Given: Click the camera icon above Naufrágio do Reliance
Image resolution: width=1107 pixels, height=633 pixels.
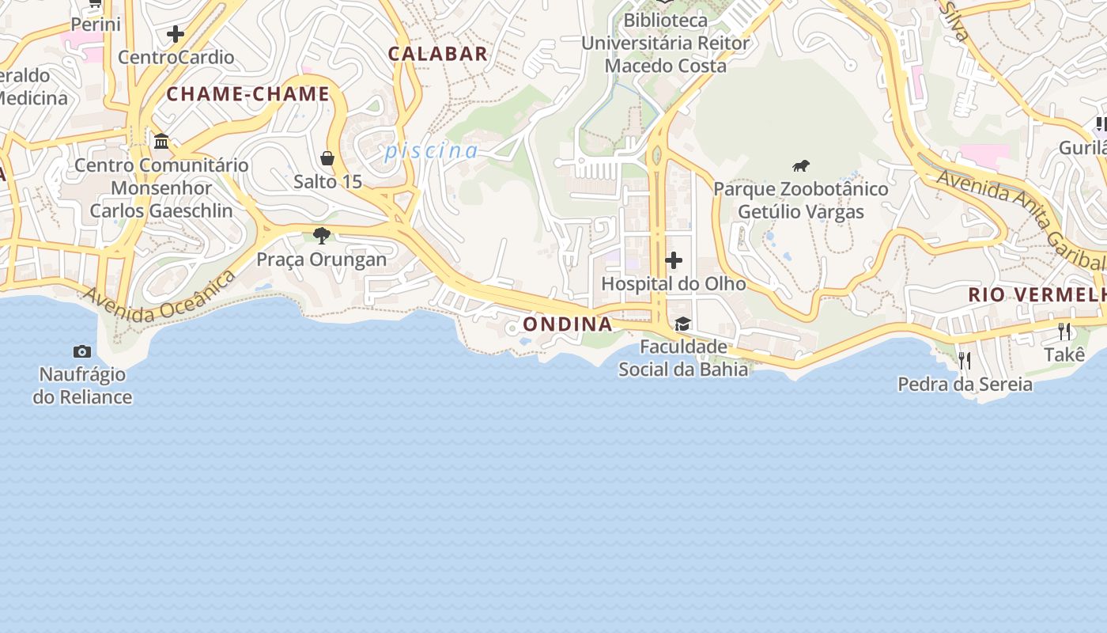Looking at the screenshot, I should [x=81, y=351].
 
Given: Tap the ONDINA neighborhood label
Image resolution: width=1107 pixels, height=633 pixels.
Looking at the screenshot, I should [x=568, y=324].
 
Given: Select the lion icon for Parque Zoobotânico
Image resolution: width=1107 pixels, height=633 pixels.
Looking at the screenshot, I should [x=801, y=166].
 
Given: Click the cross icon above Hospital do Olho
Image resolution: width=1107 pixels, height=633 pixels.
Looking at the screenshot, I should [x=674, y=260].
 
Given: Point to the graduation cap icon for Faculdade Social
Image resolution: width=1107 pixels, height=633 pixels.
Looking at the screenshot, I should [x=682, y=324].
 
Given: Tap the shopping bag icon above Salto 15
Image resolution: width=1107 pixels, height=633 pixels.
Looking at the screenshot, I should [x=327, y=158].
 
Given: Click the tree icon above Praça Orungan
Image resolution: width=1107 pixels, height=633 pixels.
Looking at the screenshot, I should [x=321, y=235].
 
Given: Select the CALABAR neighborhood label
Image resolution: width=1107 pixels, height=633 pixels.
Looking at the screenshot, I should [x=437, y=54].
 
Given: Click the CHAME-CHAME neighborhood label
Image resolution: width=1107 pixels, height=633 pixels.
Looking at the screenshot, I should [x=247, y=94].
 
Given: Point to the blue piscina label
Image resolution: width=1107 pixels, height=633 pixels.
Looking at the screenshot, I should [x=432, y=151].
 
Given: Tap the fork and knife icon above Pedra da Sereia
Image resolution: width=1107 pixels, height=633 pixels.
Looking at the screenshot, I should [x=965, y=361].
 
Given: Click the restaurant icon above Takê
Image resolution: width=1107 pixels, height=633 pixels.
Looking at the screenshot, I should [x=1064, y=331].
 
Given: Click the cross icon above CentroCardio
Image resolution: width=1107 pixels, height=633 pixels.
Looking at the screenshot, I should [x=176, y=34].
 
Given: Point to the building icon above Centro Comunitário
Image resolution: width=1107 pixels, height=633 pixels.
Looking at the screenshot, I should [x=161, y=142].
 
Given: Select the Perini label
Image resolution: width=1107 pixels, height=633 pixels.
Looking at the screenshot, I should [x=96, y=25].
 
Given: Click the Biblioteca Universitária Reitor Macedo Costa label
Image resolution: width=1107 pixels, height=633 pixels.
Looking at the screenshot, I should [x=665, y=43].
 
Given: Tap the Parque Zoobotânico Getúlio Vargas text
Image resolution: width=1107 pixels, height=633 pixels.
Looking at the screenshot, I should [x=801, y=201].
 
